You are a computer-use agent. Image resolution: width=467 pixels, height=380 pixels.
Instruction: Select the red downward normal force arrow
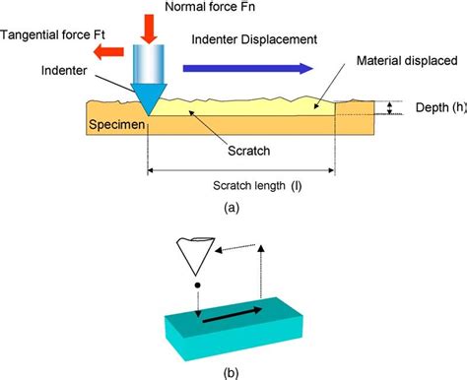[150, 28]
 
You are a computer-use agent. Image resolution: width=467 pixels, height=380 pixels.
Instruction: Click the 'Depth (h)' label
[434, 108]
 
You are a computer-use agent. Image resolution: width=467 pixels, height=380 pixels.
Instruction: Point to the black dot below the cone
[199, 286]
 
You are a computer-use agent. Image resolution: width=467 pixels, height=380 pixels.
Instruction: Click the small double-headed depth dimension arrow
[392, 108]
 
